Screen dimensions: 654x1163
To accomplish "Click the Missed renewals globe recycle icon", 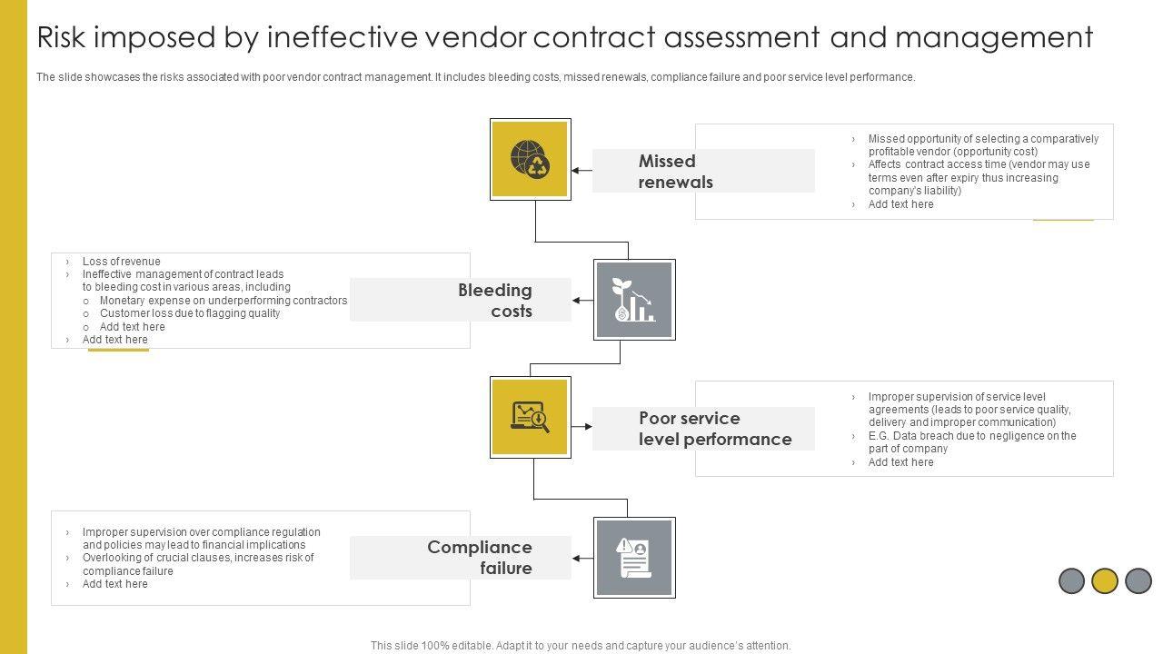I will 530,159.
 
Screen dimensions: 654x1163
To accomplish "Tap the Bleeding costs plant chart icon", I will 634,300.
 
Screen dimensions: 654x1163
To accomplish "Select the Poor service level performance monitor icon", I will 530,417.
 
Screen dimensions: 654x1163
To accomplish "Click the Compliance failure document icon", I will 634,558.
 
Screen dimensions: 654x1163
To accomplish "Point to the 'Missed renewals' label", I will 675,172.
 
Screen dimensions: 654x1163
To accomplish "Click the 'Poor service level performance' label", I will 714,429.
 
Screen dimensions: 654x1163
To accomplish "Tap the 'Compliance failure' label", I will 480,558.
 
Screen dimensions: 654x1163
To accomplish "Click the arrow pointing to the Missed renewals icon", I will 581,170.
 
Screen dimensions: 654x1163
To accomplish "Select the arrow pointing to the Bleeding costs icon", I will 582,300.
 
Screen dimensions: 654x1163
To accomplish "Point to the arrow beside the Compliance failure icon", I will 582,558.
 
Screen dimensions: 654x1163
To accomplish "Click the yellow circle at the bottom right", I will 1105,580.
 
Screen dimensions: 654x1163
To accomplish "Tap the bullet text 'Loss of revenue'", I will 121,262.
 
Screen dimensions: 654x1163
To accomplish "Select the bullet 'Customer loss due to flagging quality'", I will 189,313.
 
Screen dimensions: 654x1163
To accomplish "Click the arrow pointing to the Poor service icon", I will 581,425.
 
